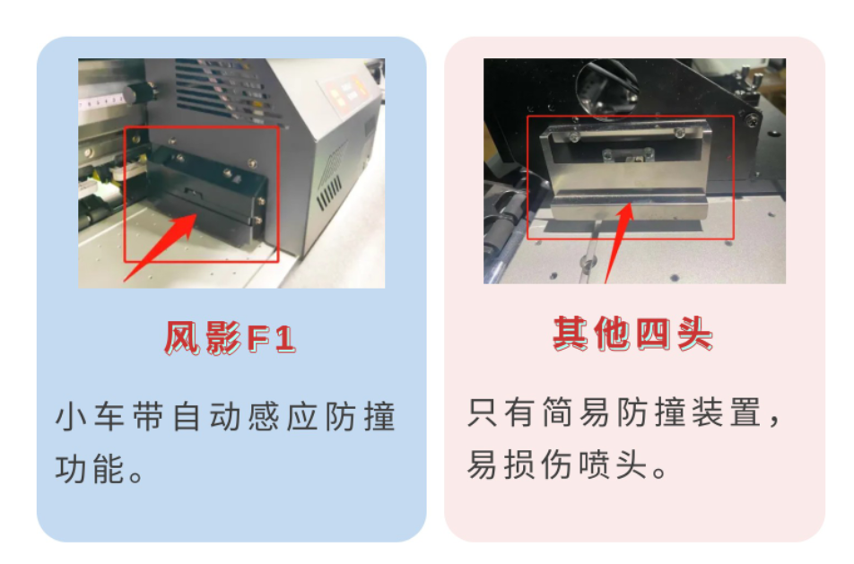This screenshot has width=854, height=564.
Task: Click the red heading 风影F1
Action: tap(231, 339)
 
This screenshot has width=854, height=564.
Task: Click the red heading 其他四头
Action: tap(633, 334)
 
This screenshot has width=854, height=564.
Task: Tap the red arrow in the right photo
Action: tap(620, 243)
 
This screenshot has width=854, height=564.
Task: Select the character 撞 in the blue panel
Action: tap(379, 417)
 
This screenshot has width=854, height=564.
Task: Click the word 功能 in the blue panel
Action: tap(90, 469)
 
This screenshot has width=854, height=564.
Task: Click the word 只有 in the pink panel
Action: tap(501, 412)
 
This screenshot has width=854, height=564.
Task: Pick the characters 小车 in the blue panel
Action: tap(90, 417)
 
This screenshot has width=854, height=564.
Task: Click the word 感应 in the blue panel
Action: tap(283, 417)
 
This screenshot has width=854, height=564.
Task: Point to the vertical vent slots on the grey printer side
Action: tap(329, 195)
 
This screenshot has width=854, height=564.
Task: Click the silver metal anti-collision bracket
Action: tap(626, 170)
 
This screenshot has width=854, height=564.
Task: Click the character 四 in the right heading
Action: tap(653, 334)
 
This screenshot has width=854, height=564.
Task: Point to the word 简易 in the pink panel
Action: tap(576, 412)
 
